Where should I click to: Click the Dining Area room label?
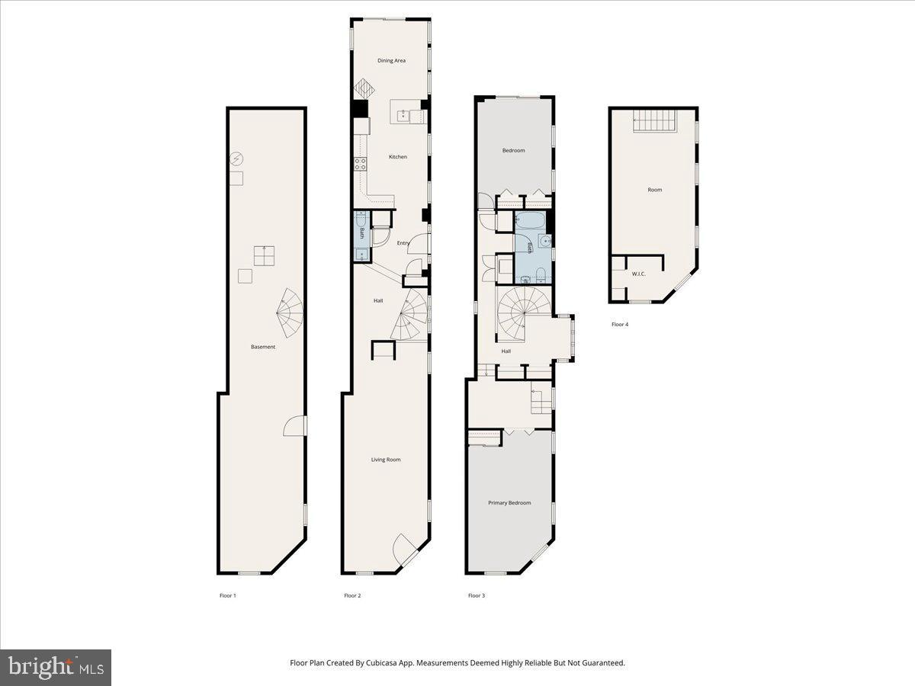[x=391, y=60]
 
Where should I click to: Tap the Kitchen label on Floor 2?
[x=397, y=157]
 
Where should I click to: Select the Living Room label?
[x=386, y=460]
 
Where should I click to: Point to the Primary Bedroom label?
[x=509, y=503]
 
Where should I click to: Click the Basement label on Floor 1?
[x=263, y=347]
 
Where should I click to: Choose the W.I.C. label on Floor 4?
[x=638, y=274]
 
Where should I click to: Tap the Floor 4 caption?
[x=620, y=325]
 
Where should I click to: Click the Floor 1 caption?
[x=227, y=595]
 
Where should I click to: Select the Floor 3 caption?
[x=476, y=595]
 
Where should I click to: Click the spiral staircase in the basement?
[x=289, y=313]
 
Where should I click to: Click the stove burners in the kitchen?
[x=360, y=164]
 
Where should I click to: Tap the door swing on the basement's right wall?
[x=296, y=426]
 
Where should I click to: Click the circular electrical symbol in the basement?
[x=236, y=159]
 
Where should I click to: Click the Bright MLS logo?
[x=56, y=668]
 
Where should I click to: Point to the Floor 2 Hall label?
[x=378, y=301]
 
